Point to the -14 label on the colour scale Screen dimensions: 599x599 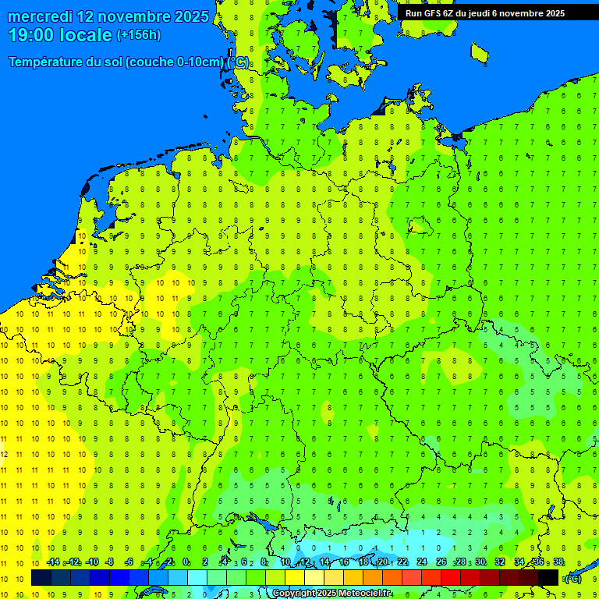tap(52, 562)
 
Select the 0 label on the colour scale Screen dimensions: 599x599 tap(186, 562)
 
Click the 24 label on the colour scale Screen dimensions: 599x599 tap(422, 562)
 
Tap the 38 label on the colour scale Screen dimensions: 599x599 tap(558, 562)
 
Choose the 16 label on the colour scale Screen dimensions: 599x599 tap(343, 562)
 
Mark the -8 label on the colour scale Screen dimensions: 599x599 tap(110, 562)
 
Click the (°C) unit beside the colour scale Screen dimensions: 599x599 tap(572, 578)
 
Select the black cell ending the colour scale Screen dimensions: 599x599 tap(548, 578)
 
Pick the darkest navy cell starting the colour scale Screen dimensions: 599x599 tap(41, 578)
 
